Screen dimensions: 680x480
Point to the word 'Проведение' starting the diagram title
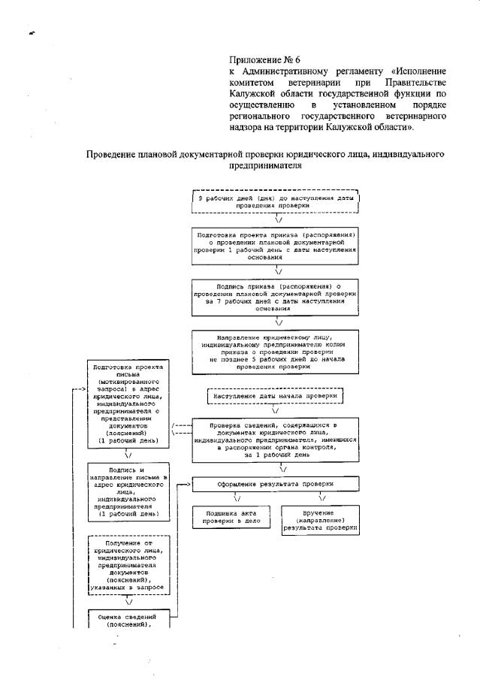point(116,154)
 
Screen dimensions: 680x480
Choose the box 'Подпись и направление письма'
point(128,491)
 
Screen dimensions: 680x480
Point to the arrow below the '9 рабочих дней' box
point(277,219)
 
